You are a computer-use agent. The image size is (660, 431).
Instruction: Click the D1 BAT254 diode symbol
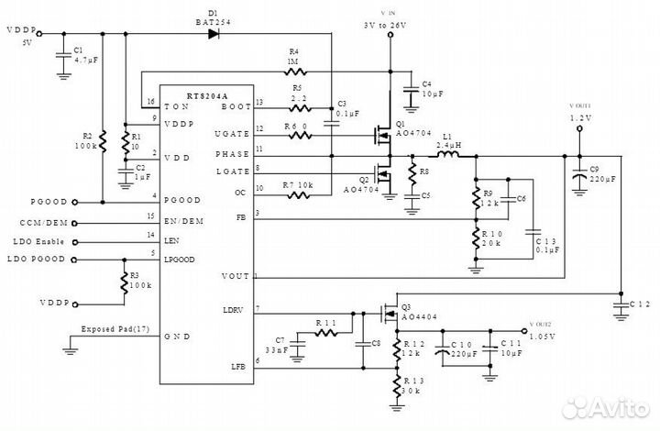[x=214, y=34]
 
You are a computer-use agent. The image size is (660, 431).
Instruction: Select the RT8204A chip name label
[x=206, y=95]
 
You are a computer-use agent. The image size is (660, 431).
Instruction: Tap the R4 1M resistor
[x=295, y=71]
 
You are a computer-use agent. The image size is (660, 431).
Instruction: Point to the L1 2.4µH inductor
[x=448, y=156]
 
